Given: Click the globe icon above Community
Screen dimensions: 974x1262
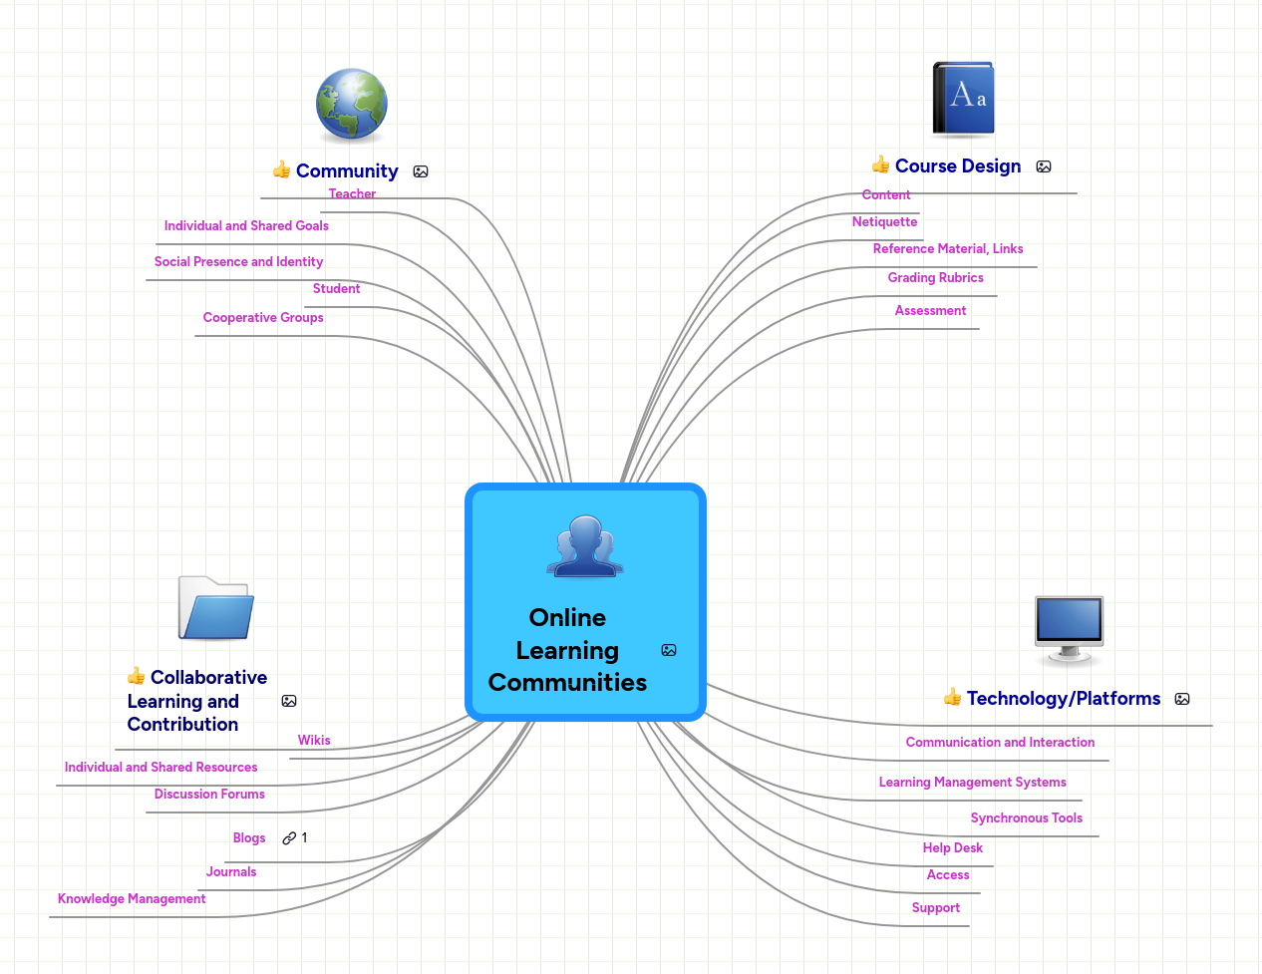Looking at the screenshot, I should [351, 105].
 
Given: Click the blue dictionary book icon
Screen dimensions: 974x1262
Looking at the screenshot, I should [963, 99].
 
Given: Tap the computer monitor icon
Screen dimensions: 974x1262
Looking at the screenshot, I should [1069, 629].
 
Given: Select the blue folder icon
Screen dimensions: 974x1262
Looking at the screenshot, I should [216, 608].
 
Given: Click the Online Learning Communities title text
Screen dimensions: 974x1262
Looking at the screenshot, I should [567, 650].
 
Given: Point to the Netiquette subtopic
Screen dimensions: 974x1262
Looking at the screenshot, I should [884, 222].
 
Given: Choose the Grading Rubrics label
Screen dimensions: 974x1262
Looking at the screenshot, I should [935, 278].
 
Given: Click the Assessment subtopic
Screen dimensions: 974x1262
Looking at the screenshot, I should [930, 311].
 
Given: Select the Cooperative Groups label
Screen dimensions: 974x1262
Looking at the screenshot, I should [263, 318].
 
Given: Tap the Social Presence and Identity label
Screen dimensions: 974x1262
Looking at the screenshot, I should [238, 262].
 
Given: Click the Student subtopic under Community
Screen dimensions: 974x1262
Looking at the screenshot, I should [336, 289].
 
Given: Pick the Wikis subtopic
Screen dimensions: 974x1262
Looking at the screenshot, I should [314, 741].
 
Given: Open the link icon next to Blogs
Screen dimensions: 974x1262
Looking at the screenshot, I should [289, 838].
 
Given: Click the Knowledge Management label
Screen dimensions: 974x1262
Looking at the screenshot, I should [132, 899].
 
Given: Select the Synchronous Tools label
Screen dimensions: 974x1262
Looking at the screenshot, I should [1026, 818].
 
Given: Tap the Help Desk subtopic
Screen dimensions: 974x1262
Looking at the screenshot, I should [952, 848].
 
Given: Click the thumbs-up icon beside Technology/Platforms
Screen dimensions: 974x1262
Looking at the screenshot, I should [952, 697].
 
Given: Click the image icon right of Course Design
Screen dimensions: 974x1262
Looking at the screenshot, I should [1044, 166].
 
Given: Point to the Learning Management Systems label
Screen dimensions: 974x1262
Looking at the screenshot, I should [972, 783].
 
